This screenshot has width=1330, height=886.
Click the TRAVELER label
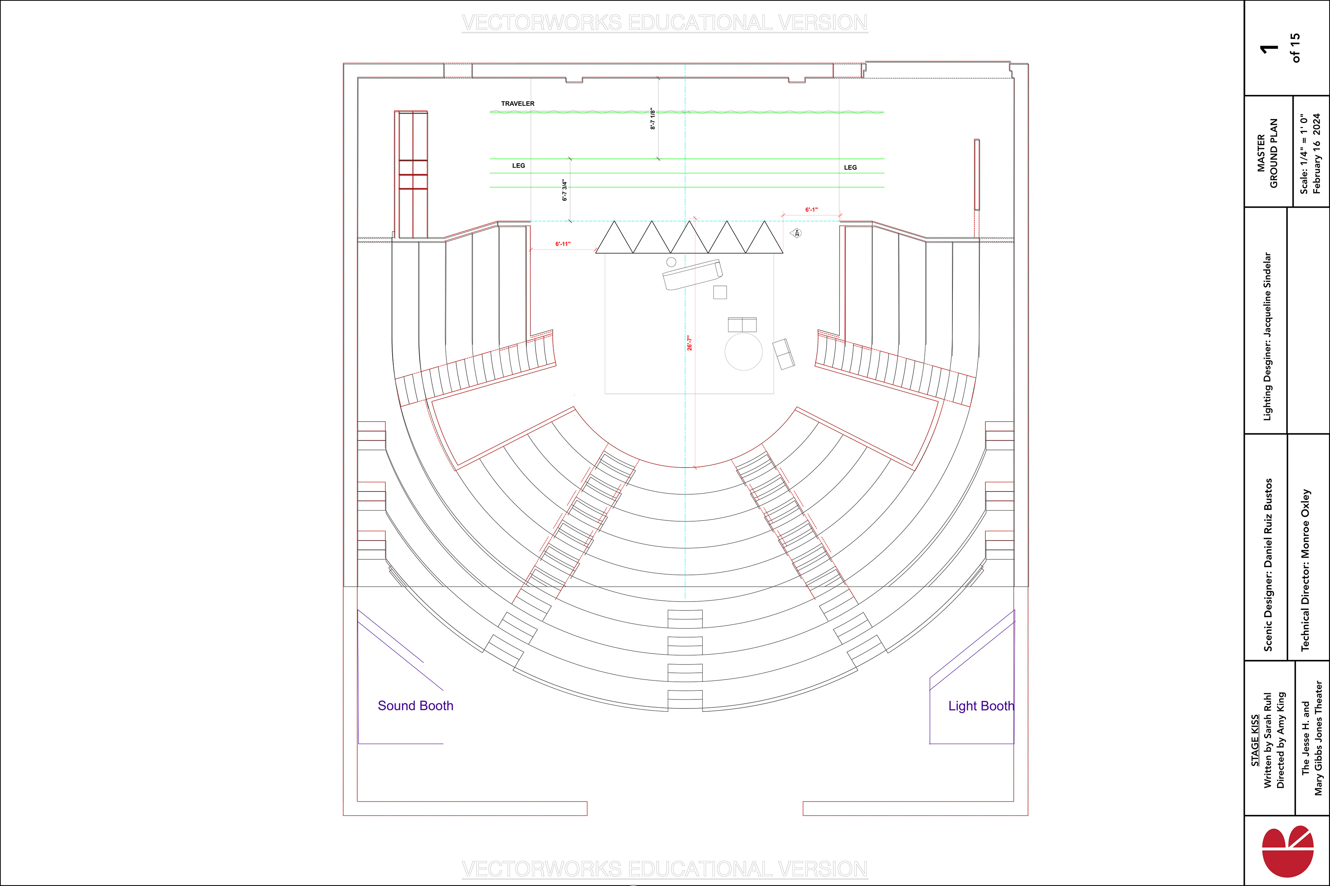click(x=517, y=104)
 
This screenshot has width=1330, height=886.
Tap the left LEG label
click(x=518, y=165)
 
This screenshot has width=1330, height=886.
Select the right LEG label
click(x=850, y=167)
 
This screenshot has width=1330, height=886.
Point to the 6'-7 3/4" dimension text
click(x=564, y=190)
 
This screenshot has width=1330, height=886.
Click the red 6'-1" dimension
click(x=812, y=210)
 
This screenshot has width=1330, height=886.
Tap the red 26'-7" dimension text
click(x=689, y=343)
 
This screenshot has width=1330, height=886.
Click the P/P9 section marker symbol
click(x=796, y=233)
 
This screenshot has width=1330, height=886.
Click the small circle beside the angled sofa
click(x=671, y=262)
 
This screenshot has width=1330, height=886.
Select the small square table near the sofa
click(x=720, y=292)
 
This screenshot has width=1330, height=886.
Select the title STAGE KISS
click(x=1255, y=741)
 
